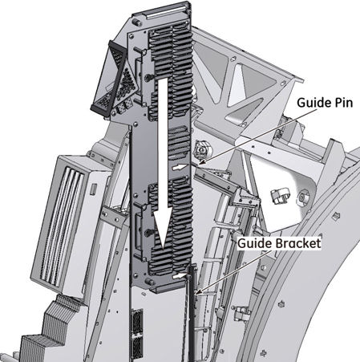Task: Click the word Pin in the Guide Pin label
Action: pos(343,103)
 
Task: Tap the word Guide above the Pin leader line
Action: pos(313,103)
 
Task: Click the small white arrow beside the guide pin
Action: pos(180,168)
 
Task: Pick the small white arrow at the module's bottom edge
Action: pos(180,276)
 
